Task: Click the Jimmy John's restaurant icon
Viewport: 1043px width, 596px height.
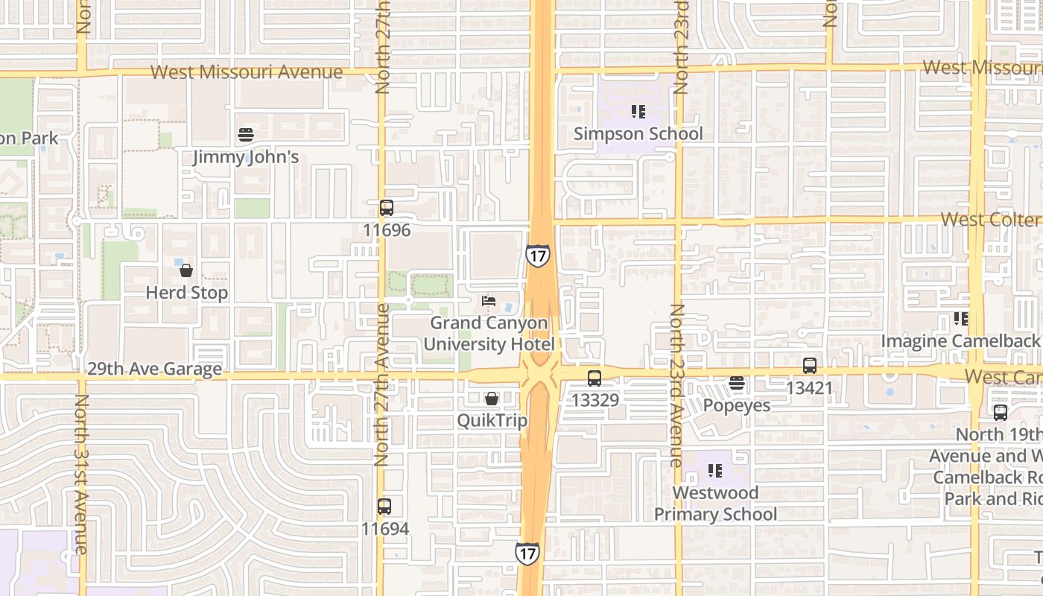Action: (246, 135)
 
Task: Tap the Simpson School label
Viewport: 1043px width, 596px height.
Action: (638, 134)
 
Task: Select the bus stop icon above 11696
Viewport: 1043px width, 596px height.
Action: (386, 208)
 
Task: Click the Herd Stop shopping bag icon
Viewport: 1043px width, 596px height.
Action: (186, 270)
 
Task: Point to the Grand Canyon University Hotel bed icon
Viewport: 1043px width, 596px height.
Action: (489, 301)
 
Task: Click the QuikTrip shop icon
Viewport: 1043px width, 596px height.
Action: (492, 399)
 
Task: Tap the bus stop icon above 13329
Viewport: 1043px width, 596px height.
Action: (595, 378)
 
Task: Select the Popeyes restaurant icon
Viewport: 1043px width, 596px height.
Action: (737, 384)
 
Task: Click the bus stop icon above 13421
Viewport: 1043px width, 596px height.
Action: (810, 366)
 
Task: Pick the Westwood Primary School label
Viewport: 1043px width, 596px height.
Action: (715, 504)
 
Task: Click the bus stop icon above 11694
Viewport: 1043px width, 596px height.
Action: (384, 507)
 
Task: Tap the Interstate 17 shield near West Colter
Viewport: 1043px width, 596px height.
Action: (538, 255)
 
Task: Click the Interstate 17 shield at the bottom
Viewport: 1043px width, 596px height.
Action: (527, 553)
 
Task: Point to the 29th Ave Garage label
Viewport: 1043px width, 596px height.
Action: (154, 369)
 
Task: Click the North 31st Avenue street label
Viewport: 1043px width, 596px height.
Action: (81, 474)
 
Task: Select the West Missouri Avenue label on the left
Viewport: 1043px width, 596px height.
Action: (247, 72)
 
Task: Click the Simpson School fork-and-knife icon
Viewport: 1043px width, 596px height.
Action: (638, 112)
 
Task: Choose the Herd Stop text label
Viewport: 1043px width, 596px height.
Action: (186, 293)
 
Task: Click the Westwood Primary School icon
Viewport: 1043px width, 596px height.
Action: (715, 471)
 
